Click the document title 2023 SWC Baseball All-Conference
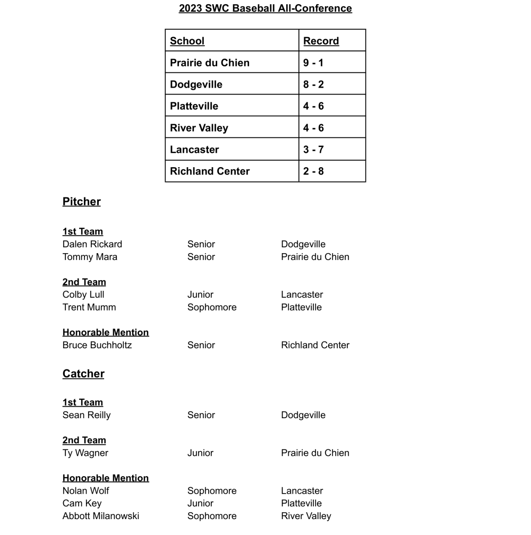(265, 8)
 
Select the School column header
(187, 41)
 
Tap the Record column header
(321, 41)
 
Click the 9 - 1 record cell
(313, 63)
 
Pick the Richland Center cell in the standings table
(210, 171)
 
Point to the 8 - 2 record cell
(313, 84)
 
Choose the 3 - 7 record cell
(313, 149)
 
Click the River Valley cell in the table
(199, 128)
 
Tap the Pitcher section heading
(82, 202)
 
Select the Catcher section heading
(83, 374)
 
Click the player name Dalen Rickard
(92, 244)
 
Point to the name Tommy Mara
(90, 257)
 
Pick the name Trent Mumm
(89, 307)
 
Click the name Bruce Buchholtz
(97, 345)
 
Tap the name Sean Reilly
(87, 415)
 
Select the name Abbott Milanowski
(101, 516)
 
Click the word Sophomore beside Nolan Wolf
(212, 491)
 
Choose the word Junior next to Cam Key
(200, 503)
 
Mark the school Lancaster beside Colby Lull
(302, 295)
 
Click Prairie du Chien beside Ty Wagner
(315, 453)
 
